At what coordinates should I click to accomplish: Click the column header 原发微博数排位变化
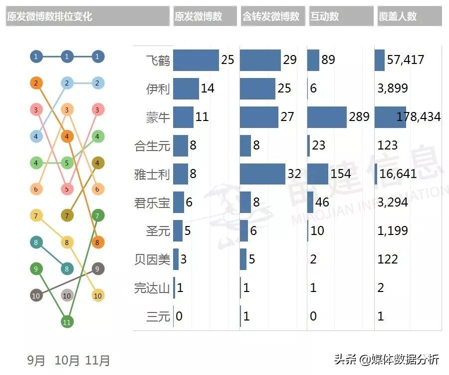pos(50,16)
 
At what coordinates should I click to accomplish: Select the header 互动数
pos(324,16)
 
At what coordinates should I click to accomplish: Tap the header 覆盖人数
pos(398,16)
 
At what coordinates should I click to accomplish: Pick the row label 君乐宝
pos(153,202)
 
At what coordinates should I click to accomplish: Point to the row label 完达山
pos(153,288)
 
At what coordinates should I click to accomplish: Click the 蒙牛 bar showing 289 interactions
pos(327,117)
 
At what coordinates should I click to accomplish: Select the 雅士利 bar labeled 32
pos(262,174)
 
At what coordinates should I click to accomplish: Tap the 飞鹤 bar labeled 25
pos(196,60)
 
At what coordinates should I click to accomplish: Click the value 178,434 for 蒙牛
pos(419,117)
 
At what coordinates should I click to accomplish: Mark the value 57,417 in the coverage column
pos(405,60)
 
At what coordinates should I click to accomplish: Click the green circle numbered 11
pos(67,322)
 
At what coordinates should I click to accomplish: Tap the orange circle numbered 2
pos(36,83)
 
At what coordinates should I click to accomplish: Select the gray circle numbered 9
pos(98,268)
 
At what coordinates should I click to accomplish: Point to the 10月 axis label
pos(67,360)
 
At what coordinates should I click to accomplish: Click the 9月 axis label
pos(36,360)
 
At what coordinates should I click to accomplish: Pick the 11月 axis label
pos(98,360)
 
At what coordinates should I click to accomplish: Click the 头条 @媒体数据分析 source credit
pos(386,359)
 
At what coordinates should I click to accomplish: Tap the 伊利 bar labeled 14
pos(186,88)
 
